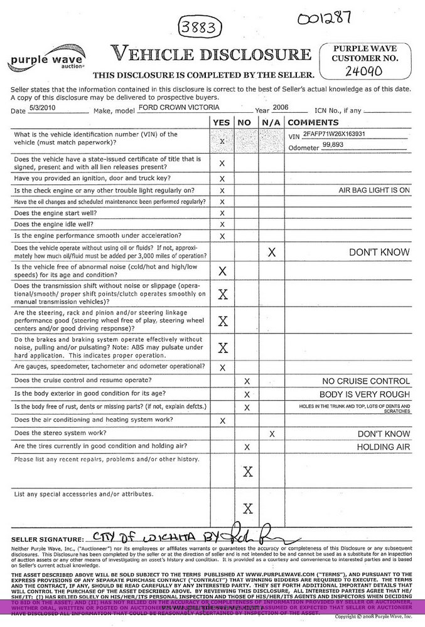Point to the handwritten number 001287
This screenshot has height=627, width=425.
(325, 18)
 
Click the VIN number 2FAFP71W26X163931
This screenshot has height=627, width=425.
(334, 135)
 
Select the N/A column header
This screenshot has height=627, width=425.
(271, 122)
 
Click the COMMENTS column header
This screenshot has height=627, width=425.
(313, 122)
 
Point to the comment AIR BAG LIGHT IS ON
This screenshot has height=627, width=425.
(374, 190)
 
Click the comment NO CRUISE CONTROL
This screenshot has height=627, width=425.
(365, 381)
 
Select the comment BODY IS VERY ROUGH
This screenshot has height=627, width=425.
(364, 395)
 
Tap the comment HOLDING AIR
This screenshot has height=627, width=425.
(383, 447)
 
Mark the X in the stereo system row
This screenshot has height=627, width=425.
(272, 434)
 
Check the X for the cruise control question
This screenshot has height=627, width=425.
(247, 381)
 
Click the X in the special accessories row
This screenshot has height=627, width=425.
(247, 508)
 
